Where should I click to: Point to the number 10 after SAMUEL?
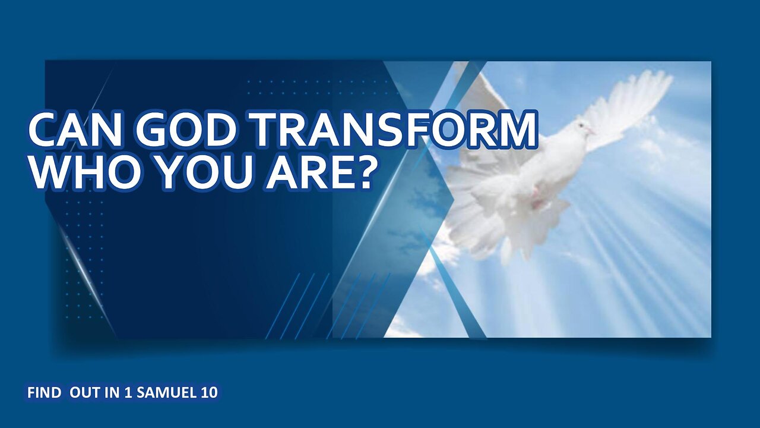pyautogui.click(x=210, y=393)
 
